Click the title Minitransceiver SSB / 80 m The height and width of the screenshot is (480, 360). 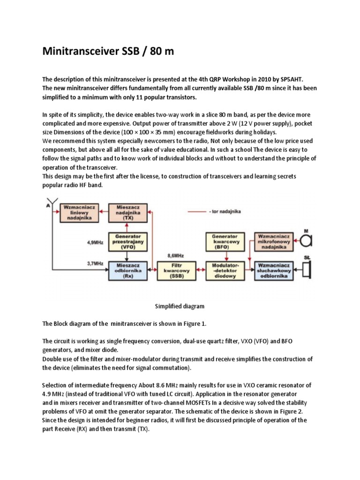(x=108, y=51)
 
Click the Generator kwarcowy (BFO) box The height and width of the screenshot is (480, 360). (x=225, y=242)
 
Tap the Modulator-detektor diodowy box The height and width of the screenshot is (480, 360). (x=225, y=271)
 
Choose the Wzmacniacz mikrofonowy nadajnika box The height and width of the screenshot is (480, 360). (x=274, y=241)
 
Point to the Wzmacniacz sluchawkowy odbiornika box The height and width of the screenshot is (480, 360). (x=274, y=271)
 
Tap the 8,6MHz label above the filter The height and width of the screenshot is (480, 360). (x=176, y=256)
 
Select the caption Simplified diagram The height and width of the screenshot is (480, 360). (x=180, y=306)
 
